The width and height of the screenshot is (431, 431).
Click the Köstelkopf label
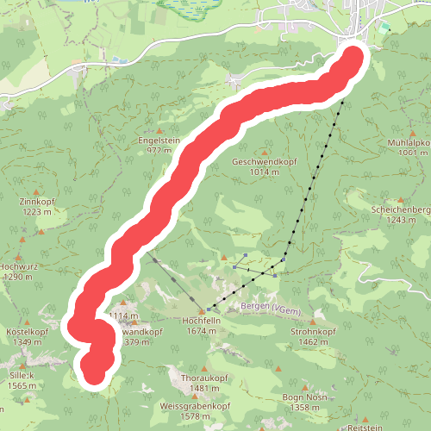(x=27, y=331)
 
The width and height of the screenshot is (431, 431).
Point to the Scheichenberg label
(x=402, y=209)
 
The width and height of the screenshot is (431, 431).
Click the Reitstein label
(x=365, y=427)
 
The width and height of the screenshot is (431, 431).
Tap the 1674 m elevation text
(x=199, y=330)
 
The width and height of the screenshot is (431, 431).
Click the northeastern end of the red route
(x=354, y=59)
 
